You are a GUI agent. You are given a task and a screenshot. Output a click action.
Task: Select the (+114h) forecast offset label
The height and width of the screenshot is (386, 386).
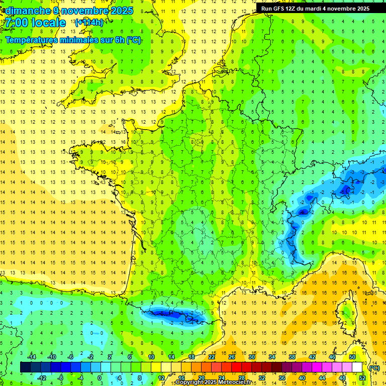point(89,23)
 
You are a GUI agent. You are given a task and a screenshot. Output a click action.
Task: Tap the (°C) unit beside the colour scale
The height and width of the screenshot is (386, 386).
point(374,367)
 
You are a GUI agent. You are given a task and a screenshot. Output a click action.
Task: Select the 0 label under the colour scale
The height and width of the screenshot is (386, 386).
point(99,377)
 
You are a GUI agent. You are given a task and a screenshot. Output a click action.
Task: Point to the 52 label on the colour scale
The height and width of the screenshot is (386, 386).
point(362,377)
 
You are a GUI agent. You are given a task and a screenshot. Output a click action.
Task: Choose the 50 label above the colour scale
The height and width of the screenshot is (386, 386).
point(352,357)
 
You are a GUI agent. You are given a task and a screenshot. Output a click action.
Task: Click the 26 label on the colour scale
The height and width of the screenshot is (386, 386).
point(232,357)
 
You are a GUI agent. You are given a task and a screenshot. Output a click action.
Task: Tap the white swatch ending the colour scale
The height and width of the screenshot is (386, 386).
point(357,367)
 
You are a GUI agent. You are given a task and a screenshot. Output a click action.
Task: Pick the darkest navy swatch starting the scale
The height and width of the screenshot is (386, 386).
point(25,367)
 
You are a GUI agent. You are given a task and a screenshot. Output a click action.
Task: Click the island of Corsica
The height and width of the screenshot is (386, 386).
point(346,309)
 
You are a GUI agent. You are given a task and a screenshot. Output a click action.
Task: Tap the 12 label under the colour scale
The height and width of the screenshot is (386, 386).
point(162,377)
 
